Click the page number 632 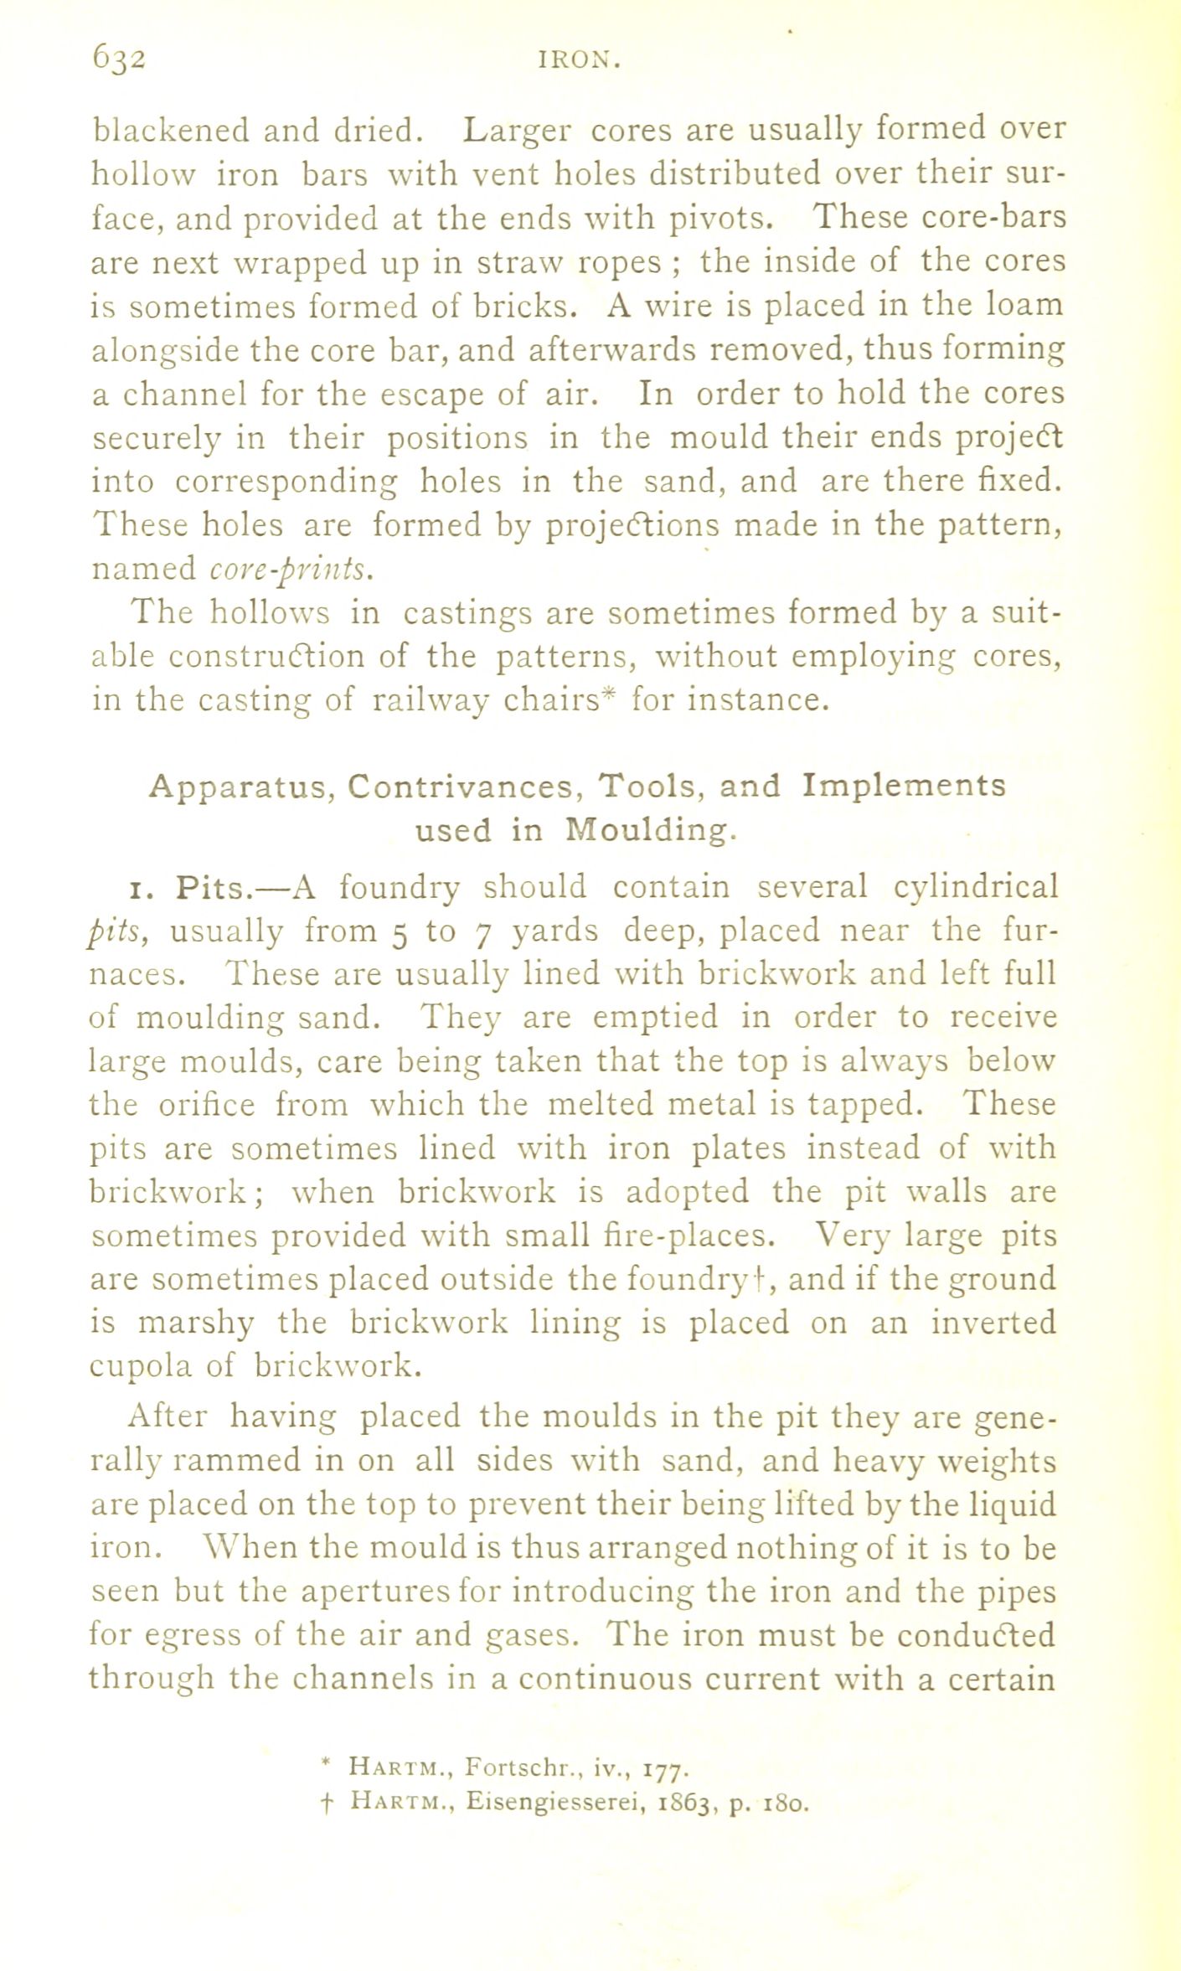click(x=120, y=59)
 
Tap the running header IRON click(x=579, y=60)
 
